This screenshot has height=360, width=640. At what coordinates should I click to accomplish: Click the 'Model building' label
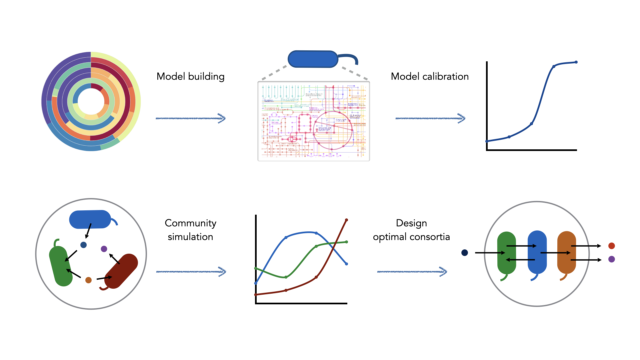click(x=190, y=76)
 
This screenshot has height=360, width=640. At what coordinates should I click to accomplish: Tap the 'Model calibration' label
click(x=430, y=76)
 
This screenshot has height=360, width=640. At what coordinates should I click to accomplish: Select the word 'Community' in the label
click(x=190, y=223)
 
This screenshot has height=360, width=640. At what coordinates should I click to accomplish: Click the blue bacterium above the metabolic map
click(x=313, y=59)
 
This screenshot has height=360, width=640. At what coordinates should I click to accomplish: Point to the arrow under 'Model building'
click(x=190, y=118)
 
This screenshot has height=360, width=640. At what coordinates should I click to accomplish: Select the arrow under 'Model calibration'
click(x=430, y=118)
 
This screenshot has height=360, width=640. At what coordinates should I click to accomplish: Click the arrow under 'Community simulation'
click(x=191, y=272)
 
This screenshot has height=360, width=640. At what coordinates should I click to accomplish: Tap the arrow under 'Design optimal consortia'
click(x=412, y=272)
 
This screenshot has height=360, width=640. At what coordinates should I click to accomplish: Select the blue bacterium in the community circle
click(x=90, y=219)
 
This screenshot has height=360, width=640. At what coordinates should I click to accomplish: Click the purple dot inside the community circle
click(x=104, y=249)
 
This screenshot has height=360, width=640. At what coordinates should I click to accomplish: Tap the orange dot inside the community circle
click(x=88, y=280)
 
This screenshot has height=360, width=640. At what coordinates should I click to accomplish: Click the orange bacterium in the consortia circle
click(x=566, y=253)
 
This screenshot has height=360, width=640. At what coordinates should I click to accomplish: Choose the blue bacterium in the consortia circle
click(x=537, y=253)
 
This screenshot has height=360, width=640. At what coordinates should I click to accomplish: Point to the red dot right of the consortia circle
click(x=611, y=246)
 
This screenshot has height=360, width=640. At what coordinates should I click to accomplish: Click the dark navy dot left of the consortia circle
click(x=465, y=253)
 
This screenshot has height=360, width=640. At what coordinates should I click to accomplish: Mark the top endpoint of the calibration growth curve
click(x=576, y=62)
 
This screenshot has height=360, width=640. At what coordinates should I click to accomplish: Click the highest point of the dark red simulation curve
click(x=346, y=220)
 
